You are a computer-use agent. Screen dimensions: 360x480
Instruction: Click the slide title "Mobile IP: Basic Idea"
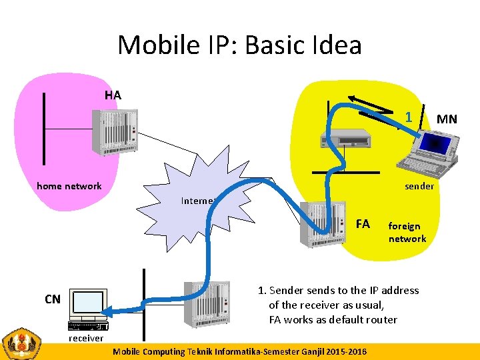239,45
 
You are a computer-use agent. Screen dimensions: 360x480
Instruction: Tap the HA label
113,95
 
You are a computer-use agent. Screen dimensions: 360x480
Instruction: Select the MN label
447,119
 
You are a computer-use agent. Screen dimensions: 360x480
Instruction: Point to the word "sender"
419,186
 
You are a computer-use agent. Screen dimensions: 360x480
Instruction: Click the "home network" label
69,186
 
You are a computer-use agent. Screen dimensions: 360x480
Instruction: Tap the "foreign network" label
407,233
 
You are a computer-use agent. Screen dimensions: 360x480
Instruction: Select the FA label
363,224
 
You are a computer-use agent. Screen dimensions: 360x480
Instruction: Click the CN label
52,299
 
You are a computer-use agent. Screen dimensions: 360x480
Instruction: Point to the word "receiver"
87,338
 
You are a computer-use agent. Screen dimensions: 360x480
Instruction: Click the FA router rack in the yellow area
323,225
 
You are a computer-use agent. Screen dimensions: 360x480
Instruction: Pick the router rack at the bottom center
207,303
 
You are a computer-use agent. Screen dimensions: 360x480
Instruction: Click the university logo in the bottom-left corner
23,343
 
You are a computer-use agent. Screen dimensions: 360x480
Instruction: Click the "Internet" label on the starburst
197,201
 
